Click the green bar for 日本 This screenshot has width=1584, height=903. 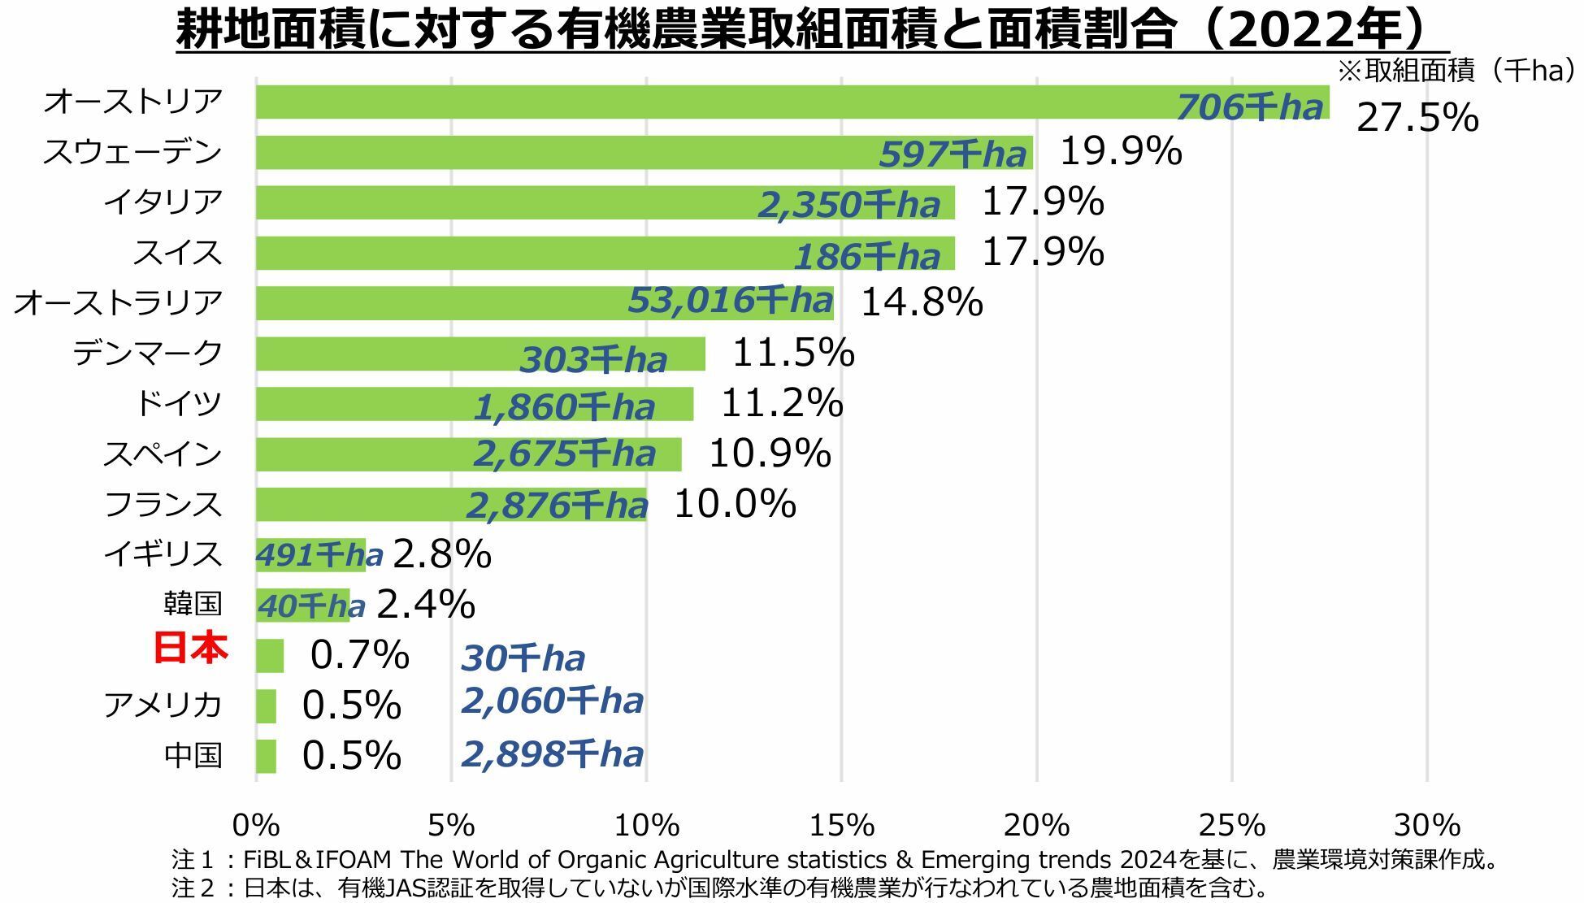tap(270, 656)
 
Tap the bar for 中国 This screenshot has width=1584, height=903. tap(266, 756)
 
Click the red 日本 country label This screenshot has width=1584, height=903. tap(191, 649)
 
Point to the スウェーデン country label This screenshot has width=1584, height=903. tap(132, 152)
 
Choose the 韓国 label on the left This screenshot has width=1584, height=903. tap(193, 604)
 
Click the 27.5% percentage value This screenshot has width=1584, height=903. tap(1417, 118)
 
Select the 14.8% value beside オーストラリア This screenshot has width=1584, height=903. tap(921, 302)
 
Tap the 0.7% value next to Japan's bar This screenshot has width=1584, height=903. tap(359, 655)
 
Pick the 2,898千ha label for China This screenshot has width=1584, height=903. tap(552, 754)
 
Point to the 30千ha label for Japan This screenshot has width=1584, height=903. tap(523, 658)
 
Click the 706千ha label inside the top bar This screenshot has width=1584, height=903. tap(1249, 107)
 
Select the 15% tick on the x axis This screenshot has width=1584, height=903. tap(841, 826)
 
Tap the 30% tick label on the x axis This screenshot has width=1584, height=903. tap(1427, 826)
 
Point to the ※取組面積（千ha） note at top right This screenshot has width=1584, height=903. tap(1457, 72)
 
